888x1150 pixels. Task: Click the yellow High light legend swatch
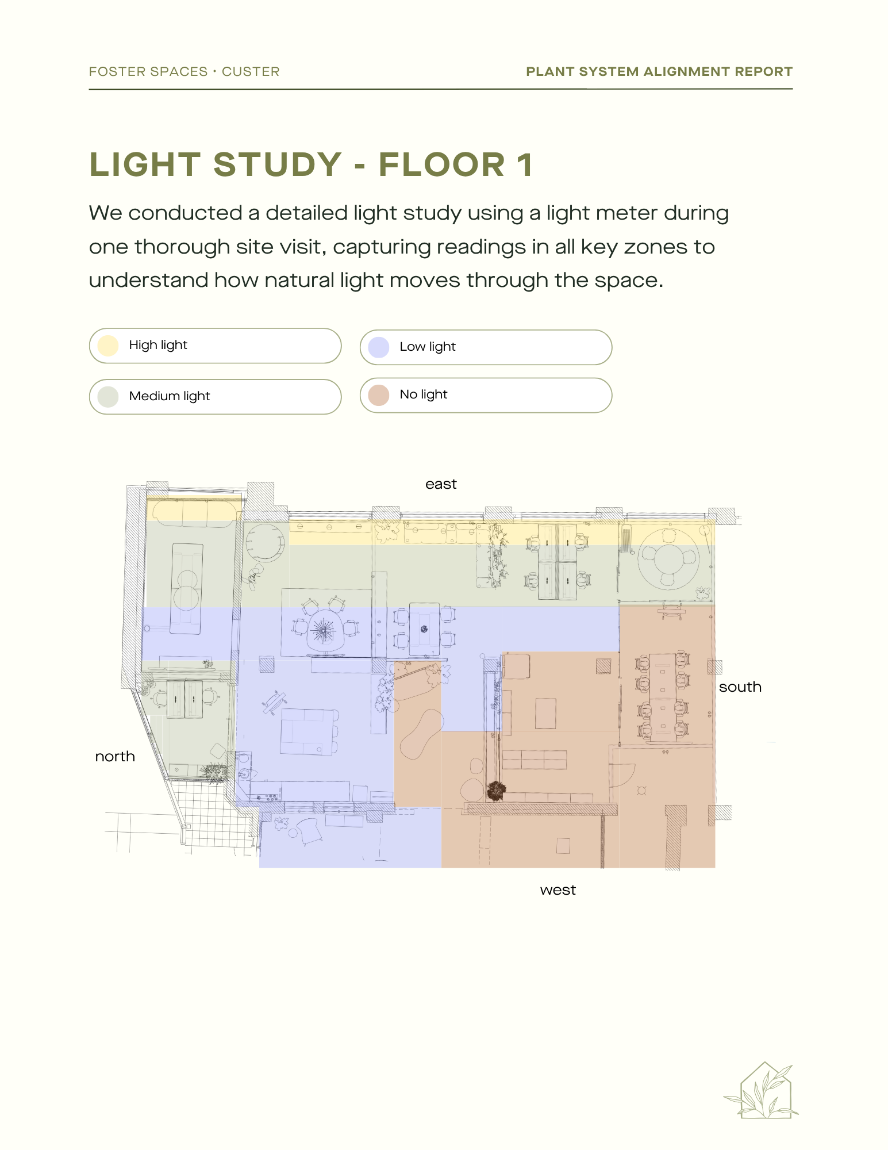coord(108,346)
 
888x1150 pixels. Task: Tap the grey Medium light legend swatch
coord(108,397)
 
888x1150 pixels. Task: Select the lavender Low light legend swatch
coord(379,347)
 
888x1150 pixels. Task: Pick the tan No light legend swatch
coord(379,395)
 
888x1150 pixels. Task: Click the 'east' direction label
coord(441,484)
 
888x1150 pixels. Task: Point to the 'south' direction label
coord(740,687)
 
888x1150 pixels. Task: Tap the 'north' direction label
coord(115,756)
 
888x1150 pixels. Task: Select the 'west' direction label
coord(558,890)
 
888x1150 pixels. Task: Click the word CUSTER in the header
coord(251,72)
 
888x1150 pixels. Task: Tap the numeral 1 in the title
coord(524,164)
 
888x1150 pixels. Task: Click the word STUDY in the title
coord(278,164)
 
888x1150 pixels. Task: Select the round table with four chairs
coord(668,559)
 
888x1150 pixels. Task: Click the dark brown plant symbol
coord(495,791)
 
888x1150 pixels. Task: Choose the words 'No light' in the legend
coord(424,394)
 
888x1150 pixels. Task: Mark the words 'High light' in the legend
coord(158,345)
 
